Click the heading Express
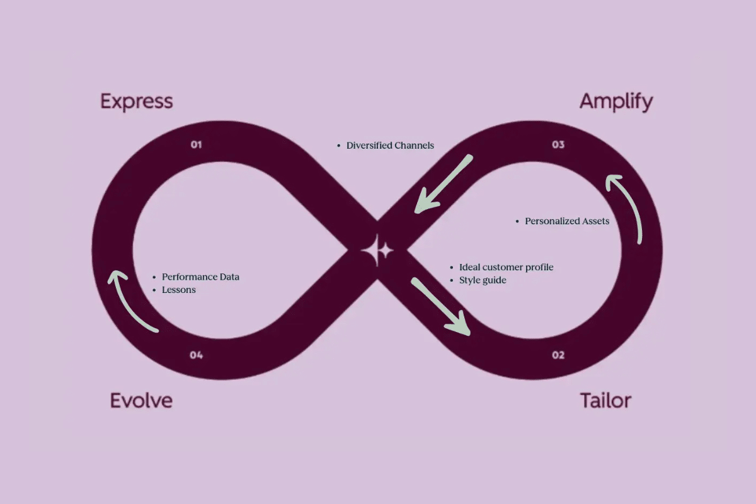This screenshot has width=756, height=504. (136, 101)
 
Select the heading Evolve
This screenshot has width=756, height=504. (141, 400)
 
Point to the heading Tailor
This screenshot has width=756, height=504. (605, 400)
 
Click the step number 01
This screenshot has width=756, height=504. (197, 145)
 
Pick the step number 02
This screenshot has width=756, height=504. (558, 355)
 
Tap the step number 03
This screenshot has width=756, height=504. (558, 145)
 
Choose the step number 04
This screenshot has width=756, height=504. (197, 355)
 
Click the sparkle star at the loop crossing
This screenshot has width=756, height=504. (377, 251)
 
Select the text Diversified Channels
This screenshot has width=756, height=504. (390, 146)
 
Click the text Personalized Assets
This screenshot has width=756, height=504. (567, 221)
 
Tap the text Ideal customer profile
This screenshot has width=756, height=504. (506, 267)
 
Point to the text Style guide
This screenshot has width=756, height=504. (483, 280)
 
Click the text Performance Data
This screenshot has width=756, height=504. (200, 277)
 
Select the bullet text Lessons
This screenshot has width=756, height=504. (179, 290)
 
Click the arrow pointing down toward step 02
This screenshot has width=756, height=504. (440, 307)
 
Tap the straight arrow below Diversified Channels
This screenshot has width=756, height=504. (443, 184)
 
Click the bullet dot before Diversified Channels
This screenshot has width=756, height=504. (340, 146)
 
